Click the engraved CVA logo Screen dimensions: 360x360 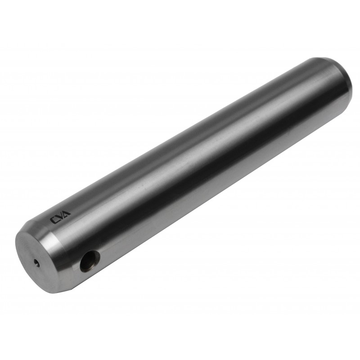coord(61,216)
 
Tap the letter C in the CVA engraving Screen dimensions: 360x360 coord(54,220)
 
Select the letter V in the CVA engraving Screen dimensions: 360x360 coord(61,216)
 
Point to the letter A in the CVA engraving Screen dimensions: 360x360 coord(67,213)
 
